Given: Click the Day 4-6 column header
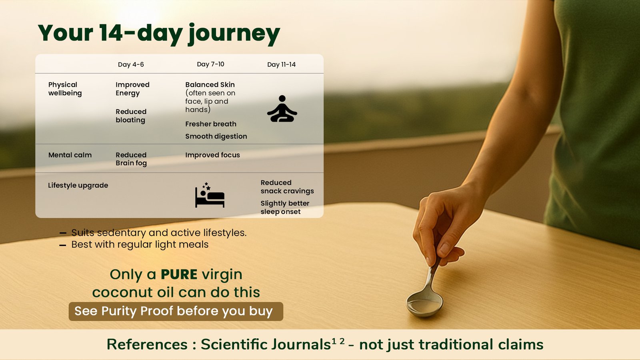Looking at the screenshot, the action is click(x=131, y=64).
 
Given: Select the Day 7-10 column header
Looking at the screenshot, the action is click(x=210, y=64).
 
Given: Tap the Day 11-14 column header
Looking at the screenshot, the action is click(x=282, y=64).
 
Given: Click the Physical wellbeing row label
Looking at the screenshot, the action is click(x=65, y=89).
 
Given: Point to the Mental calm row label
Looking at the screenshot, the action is click(x=70, y=155).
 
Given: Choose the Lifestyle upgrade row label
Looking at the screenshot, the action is click(x=78, y=186).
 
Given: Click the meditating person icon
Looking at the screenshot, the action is click(x=282, y=108).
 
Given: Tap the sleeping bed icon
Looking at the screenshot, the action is click(x=210, y=195).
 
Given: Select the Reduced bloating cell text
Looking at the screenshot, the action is click(x=131, y=116).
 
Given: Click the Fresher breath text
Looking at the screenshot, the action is click(x=211, y=124).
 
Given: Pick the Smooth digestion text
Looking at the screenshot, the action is click(x=216, y=136).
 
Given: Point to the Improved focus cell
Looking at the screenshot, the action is click(x=212, y=155).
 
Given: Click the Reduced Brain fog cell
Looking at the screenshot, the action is click(x=131, y=159).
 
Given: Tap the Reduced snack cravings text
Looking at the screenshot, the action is click(x=287, y=187).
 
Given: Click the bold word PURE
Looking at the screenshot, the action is click(x=179, y=274).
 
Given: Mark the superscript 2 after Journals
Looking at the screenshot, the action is click(x=342, y=341).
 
